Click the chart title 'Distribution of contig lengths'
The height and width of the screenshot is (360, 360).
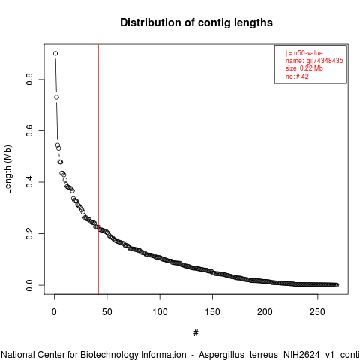(196, 22)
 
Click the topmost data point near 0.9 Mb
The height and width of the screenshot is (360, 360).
(55, 53)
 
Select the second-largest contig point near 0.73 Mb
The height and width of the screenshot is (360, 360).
(56, 97)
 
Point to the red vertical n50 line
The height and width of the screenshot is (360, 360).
(99, 169)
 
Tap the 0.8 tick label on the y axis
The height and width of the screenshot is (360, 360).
(29, 79)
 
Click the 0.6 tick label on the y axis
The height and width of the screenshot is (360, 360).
(29, 130)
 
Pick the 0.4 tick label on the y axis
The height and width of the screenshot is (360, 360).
(29, 182)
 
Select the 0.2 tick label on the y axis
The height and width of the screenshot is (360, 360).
(29, 233)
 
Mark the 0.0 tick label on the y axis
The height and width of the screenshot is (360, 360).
(29, 285)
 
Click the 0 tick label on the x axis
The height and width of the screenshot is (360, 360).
(54, 312)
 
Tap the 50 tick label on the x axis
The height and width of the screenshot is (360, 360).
(107, 312)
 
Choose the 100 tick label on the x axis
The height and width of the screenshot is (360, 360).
(160, 312)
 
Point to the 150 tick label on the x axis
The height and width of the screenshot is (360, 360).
(212, 312)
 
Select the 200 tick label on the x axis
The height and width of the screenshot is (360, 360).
(265, 312)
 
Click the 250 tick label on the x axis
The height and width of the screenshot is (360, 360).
(317, 312)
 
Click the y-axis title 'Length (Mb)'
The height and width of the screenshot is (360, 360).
(8, 169)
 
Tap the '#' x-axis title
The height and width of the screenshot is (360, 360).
(196, 333)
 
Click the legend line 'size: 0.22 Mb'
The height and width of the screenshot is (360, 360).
(304, 68)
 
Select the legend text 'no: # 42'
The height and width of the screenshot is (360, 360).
(297, 76)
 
